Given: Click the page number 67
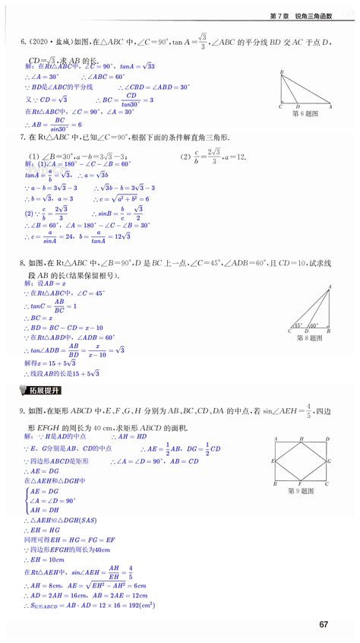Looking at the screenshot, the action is tap(324, 624).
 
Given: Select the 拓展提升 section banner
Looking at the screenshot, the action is tap(40, 391).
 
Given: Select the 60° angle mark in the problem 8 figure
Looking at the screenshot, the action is tap(314, 325).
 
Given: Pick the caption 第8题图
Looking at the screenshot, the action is tap(308, 337).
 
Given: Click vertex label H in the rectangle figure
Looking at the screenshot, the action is tap(302, 437).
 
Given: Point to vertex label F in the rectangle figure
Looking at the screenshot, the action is tap(300, 483).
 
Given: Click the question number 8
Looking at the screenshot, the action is tap(22, 263).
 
